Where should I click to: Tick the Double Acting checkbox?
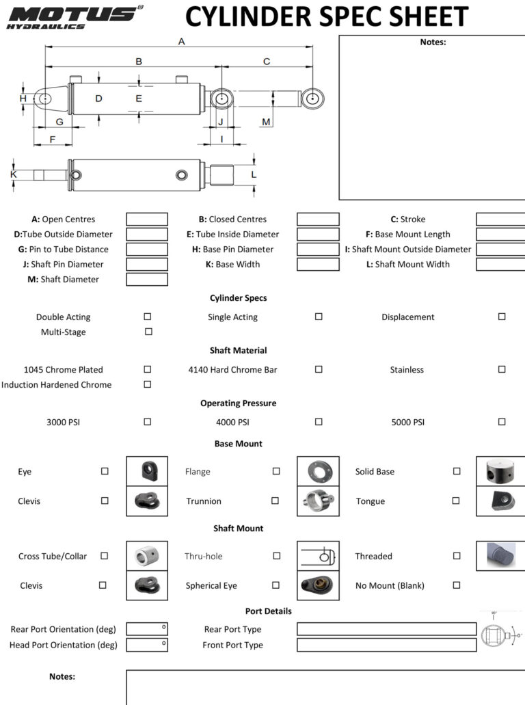click(148, 317)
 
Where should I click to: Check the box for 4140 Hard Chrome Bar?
click(319, 369)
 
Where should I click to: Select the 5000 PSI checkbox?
click(502, 422)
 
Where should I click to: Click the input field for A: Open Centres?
click(147, 219)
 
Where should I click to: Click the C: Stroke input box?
click(500, 219)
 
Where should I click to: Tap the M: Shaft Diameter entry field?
click(147, 279)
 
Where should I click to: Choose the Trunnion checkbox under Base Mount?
click(275, 501)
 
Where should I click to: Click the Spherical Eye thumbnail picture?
click(318, 585)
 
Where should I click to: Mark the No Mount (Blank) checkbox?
click(457, 585)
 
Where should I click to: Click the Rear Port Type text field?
click(386, 629)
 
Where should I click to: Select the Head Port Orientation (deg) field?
click(147, 645)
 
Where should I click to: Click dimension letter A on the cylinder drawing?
click(182, 41)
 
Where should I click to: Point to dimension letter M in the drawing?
click(266, 122)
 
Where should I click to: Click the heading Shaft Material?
click(238, 350)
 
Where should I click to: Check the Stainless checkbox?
click(502, 369)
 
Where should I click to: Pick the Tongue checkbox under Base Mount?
click(456, 501)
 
